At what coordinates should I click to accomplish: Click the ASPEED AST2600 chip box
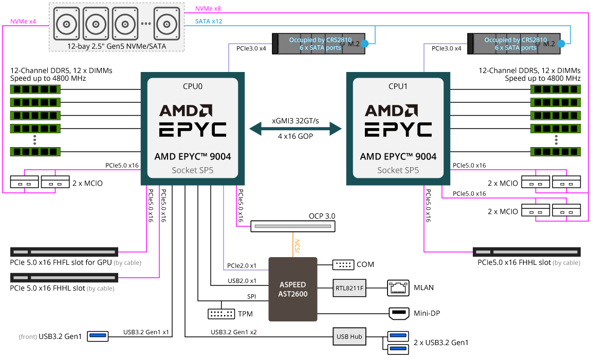point(293,289)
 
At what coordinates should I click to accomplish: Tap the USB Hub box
point(349,337)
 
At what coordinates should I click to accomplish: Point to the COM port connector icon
point(343,264)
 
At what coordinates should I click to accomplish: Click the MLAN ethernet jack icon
point(398,288)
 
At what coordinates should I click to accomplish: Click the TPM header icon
point(221,314)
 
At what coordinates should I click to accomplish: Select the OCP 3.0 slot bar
point(292,226)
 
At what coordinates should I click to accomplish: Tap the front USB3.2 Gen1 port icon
point(98,336)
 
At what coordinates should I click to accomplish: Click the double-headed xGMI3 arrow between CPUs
point(295,128)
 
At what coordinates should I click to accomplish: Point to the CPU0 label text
point(193,86)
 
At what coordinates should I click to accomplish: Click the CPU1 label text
point(398,86)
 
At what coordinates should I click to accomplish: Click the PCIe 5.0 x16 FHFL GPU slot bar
point(64,252)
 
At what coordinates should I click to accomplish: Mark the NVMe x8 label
point(208,8)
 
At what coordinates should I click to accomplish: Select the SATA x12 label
point(209,22)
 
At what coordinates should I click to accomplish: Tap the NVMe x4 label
point(23,22)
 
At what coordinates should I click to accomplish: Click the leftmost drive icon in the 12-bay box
point(67,24)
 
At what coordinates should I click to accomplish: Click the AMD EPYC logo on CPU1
point(398,120)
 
